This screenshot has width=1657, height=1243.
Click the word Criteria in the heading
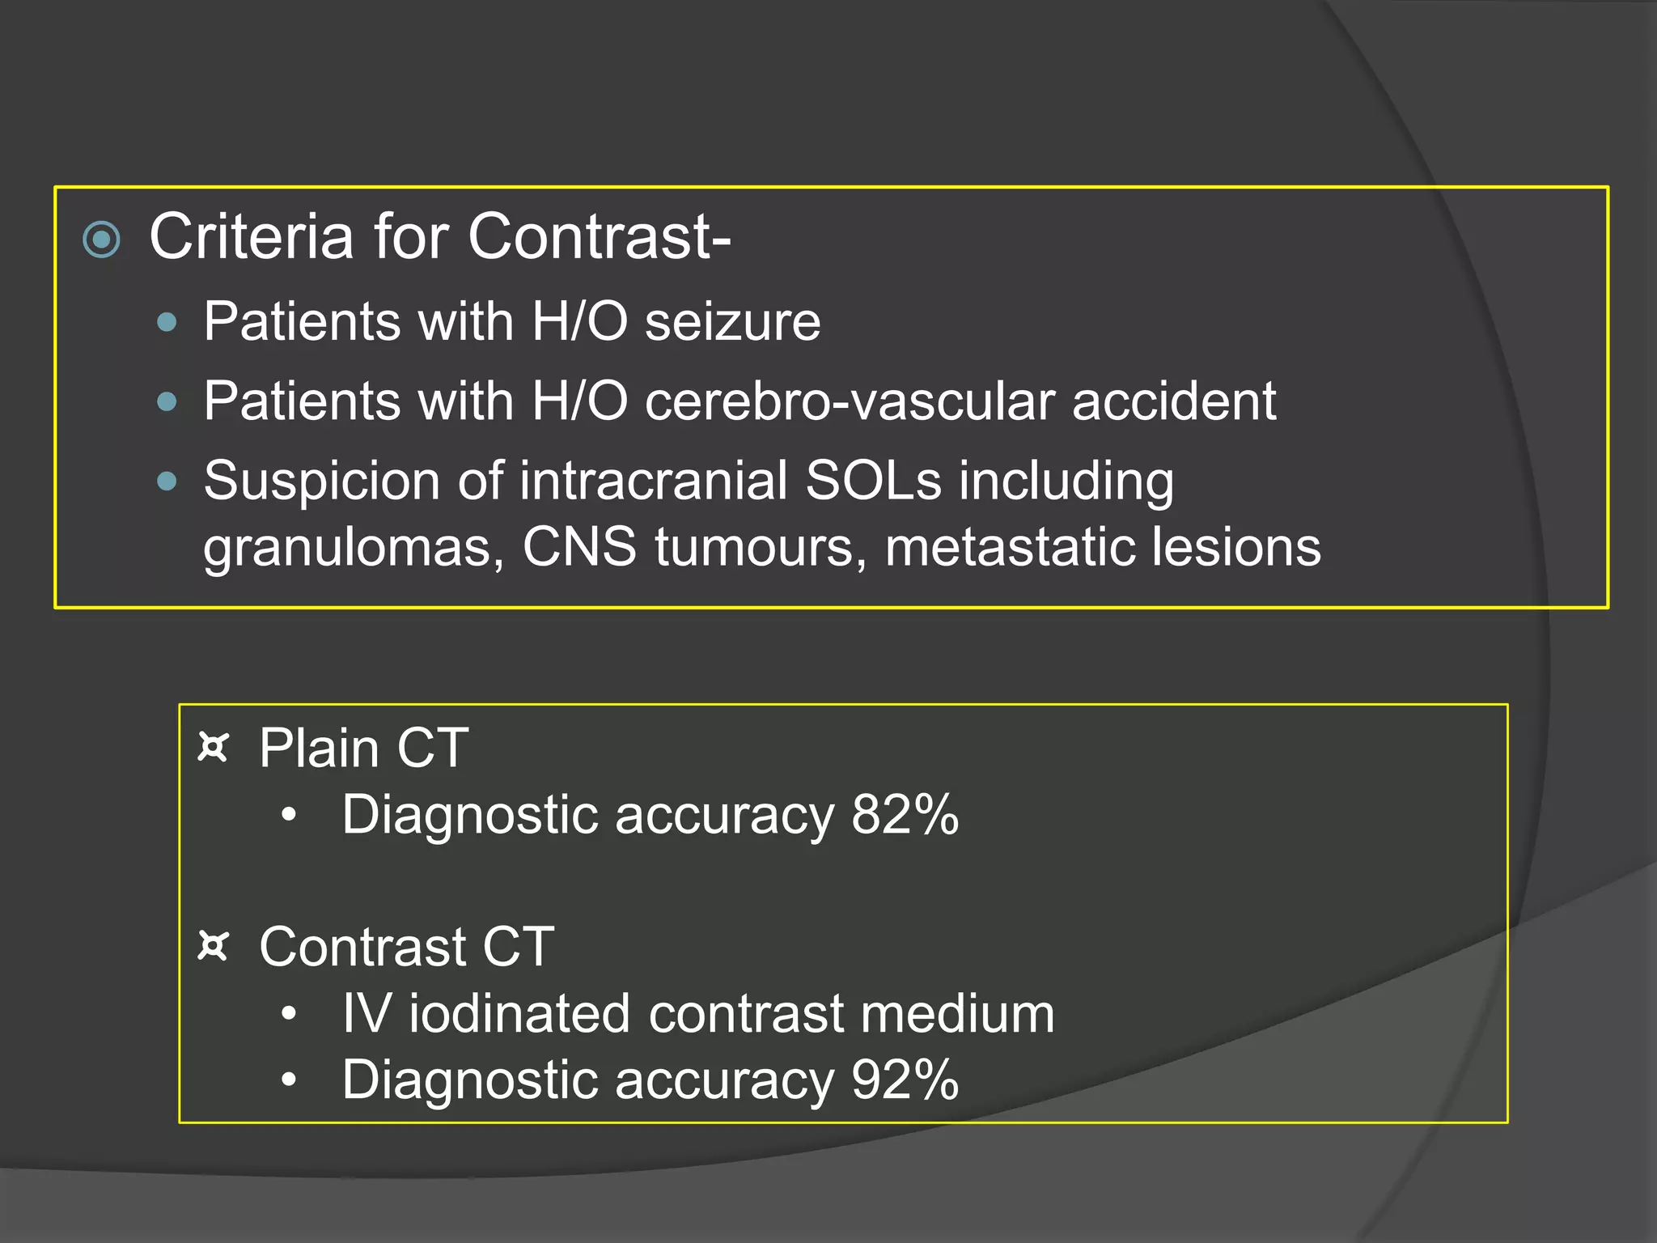coord(252,237)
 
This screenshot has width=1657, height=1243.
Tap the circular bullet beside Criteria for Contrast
coord(102,240)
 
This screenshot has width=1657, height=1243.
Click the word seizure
coord(732,322)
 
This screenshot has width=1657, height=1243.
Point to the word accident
coord(1174,401)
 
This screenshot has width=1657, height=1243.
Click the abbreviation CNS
coord(579,547)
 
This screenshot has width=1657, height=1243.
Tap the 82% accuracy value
coord(905,815)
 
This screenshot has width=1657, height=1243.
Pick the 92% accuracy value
coord(905,1080)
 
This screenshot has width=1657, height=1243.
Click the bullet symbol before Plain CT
coord(214,747)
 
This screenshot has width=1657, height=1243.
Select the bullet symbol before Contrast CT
coord(214,945)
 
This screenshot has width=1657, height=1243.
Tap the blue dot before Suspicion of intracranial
coord(167,482)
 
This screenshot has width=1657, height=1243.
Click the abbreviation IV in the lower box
coord(367,1014)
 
